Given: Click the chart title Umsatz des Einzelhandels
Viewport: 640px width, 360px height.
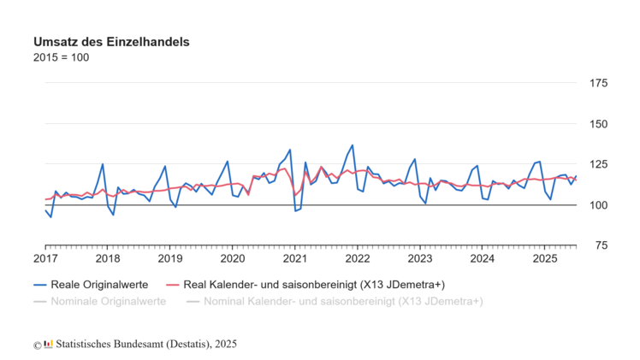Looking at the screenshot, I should [x=111, y=41].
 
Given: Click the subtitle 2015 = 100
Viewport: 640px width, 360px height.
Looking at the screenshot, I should [x=61, y=57].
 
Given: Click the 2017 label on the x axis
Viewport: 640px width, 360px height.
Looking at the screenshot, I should [x=45, y=258].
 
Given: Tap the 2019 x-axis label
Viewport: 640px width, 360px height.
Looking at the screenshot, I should [x=170, y=258].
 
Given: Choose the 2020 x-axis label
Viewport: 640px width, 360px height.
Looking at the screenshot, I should [x=233, y=258].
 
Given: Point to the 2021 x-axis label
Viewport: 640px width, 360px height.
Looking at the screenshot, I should [x=295, y=258].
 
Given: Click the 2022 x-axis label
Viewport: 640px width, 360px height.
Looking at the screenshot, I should [x=358, y=258].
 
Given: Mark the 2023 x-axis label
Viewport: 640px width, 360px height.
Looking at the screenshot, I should [x=420, y=258].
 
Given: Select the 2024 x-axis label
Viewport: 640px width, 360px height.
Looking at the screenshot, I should [x=483, y=258].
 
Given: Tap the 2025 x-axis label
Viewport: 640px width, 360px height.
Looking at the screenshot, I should [x=545, y=258].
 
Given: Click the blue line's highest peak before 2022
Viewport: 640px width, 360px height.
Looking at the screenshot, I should [x=352, y=145].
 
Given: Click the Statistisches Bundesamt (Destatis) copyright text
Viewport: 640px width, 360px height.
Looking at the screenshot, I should [x=141, y=344].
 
